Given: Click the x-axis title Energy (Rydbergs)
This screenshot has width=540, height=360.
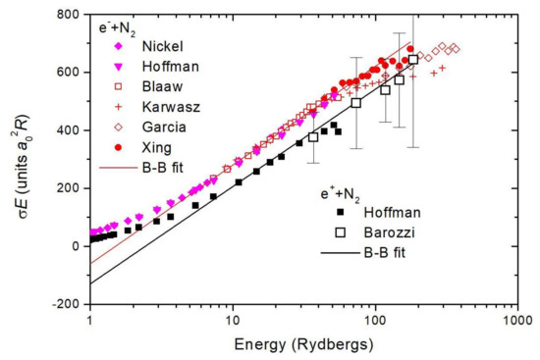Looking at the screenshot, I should tap(302, 345).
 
